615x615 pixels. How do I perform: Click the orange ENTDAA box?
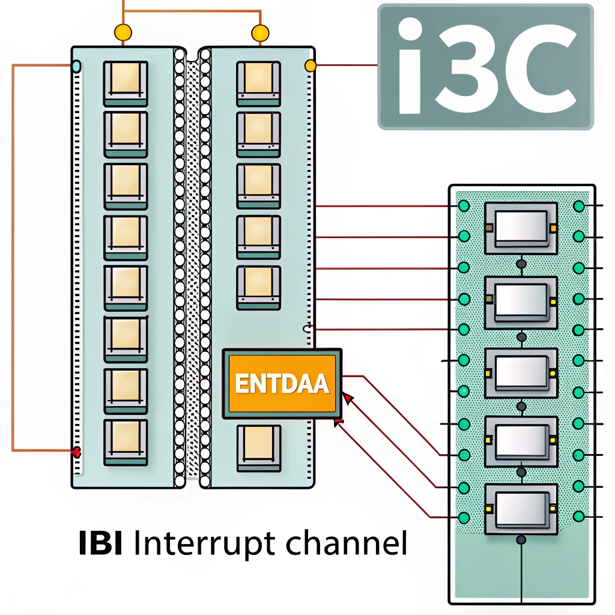282,383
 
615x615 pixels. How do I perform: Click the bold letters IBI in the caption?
101,542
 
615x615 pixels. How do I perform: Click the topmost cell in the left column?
126,83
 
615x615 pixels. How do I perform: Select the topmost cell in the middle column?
258,83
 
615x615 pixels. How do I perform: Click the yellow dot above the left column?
123,32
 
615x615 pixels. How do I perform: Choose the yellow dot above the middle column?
260,32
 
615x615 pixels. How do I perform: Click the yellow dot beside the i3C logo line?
311,65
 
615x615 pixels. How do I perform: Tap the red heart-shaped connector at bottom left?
76,452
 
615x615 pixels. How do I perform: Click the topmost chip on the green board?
521,227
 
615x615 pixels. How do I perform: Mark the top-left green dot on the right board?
464,206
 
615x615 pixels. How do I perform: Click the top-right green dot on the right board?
579,206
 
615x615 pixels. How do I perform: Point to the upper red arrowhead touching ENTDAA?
347,398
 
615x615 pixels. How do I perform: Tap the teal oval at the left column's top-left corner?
76,65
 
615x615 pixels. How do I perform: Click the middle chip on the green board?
521,368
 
